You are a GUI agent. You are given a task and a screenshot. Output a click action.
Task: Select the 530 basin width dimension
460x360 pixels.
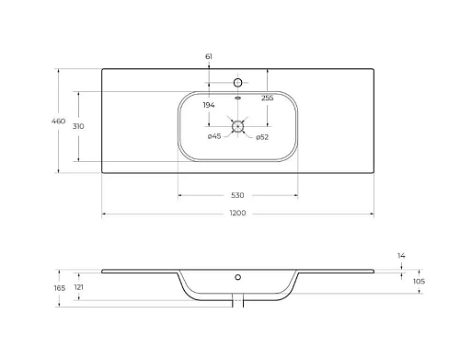point(237,195)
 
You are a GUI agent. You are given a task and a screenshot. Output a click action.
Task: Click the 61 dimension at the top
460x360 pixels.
point(209,57)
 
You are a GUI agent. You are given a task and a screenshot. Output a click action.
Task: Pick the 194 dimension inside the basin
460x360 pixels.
point(209,106)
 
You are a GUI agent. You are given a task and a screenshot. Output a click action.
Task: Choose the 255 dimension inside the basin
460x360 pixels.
point(267,98)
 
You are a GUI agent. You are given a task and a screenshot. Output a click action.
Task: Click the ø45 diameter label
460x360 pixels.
point(214,137)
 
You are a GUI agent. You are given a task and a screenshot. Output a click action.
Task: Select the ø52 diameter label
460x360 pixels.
point(261,137)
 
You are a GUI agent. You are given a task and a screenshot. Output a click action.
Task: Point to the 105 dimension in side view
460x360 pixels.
point(418,281)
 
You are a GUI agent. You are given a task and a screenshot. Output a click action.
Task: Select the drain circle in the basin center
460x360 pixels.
point(237,127)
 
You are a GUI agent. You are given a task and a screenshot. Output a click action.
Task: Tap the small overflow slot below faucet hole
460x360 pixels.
point(237,98)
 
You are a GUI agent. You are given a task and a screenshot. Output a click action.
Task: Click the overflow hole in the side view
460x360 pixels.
point(237,276)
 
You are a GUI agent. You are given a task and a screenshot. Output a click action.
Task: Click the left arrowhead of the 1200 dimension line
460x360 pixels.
point(103,214)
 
